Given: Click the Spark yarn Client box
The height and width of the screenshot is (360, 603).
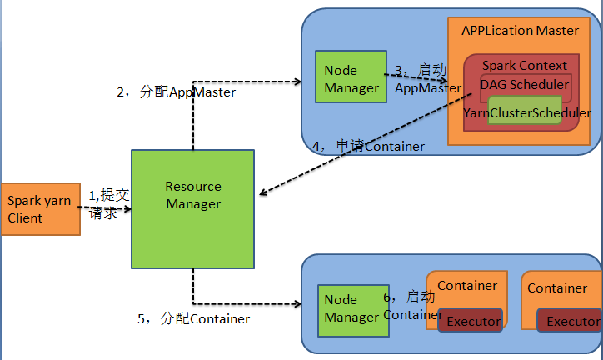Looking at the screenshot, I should [x=40, y=208].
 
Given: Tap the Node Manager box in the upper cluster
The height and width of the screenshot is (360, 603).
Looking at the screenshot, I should [x=350, y=77].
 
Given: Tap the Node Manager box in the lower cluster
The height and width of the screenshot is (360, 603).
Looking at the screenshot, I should [x=351, y=308].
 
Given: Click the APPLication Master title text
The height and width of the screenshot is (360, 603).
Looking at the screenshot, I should [x=520, y=30].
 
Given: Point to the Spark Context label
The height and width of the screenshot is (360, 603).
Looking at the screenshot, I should [x=524, y=65].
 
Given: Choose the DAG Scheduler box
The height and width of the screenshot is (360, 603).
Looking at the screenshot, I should [x=525, y=84].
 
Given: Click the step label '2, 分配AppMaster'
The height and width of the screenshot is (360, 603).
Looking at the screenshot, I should [x=176, y=92].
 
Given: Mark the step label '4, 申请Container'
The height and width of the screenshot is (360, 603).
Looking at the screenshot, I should [x=368, y=146].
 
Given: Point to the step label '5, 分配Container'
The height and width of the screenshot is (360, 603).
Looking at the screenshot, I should [x=193, y=318].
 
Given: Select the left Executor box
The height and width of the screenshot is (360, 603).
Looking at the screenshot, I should [x=472, y=321].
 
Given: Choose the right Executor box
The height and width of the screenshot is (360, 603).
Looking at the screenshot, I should [x=571, y=321].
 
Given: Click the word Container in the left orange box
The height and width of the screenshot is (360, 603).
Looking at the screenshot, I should [x=467, y=286].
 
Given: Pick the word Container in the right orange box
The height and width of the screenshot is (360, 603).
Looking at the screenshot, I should [x=557, y=288].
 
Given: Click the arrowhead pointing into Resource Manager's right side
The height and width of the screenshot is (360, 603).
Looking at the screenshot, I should [x=262, y=194].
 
